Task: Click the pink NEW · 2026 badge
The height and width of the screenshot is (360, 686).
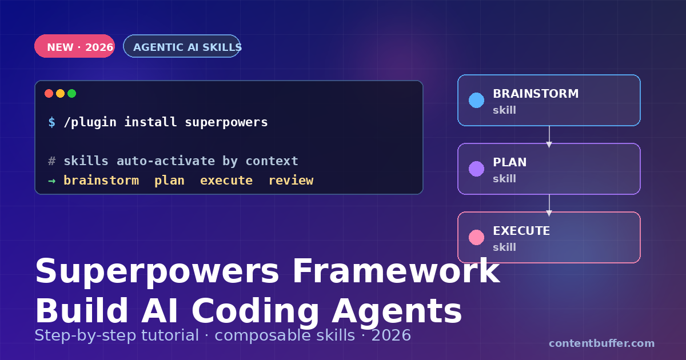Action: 74,47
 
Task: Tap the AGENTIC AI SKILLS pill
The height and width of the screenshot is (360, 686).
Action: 182,47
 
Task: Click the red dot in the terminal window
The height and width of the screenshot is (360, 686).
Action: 49,94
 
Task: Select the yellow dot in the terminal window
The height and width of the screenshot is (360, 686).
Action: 60,94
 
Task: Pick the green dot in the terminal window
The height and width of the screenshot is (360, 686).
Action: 71,94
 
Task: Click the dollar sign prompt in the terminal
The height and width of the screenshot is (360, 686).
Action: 52,122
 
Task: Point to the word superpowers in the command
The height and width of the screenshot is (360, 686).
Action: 226,122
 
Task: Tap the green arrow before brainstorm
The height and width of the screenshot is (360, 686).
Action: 52,181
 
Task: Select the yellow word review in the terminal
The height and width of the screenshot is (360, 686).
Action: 290,181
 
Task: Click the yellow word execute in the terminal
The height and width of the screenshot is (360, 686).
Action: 226,181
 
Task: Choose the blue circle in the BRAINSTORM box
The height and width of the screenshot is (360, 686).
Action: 476,101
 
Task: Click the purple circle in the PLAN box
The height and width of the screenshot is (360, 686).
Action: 476,169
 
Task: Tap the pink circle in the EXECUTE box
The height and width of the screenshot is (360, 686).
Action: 476,238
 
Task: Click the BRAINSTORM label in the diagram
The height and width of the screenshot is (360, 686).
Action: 536,94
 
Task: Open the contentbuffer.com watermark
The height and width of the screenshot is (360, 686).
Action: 601,343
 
